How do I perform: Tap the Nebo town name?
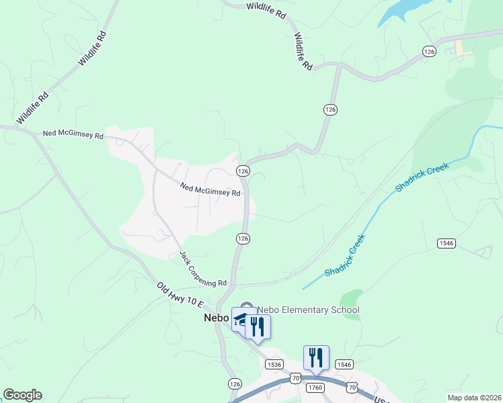(x=217, y=319)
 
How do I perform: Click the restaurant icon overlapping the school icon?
(x=257, y=327)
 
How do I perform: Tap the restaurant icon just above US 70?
(x=315, y=357)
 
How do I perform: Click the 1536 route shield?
(x=274, y=364)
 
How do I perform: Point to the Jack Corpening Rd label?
(x=203, y=269)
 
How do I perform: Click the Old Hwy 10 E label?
(x=180, y=295)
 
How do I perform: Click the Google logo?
(x=22, y=395)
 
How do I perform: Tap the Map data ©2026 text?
(x=474, y=398)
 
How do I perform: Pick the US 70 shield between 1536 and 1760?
(x=296, y=379)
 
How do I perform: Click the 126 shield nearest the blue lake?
(x=428, y=51)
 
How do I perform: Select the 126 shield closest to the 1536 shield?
(x=234, y=384)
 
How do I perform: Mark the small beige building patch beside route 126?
(x=461, y=47)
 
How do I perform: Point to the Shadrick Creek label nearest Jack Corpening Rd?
(x=345, y=256)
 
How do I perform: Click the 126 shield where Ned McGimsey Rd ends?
(x=243, y=171)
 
